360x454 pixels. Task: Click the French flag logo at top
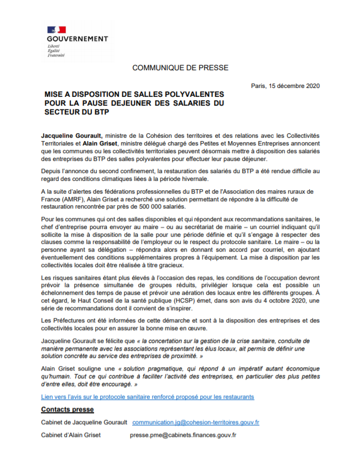pyautogui.click(x=56, y=29)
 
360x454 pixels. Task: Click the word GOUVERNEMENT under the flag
pyautogui.click(x=77, y=39)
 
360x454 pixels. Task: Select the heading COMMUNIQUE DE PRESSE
pyautogui.click(x=180, y=67)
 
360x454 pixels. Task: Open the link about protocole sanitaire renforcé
pyautogui.click(x=148, y=396)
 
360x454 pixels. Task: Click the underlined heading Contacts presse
pyautogui.click(x=67, y=409)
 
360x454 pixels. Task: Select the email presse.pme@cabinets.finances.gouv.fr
pyautogui.click(x=183, y=435)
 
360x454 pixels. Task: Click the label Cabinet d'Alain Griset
pyautogui.click(x=71, y=435)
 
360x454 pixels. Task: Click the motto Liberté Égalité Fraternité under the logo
pyautogui.click(x=56, y=50)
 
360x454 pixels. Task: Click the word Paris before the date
pyautogui.click(x=258, y=86)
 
